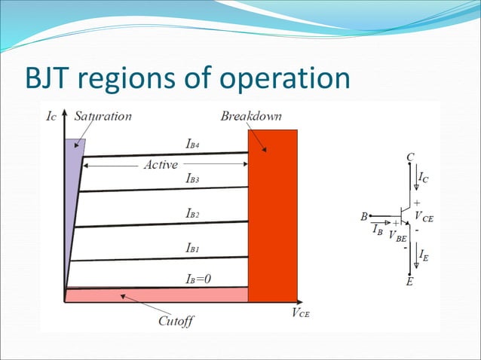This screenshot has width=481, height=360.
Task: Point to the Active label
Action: tap(160, 165)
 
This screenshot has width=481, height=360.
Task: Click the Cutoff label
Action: tap(176, 322)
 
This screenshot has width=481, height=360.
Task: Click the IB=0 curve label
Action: tap(198, 279)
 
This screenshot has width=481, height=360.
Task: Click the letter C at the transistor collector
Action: tap(410, 156)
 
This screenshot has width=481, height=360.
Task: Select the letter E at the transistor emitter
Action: tap(410, 283)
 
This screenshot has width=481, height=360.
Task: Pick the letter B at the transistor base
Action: tap(365, 217)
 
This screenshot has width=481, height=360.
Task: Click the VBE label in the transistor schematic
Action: tap(397, 235)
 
